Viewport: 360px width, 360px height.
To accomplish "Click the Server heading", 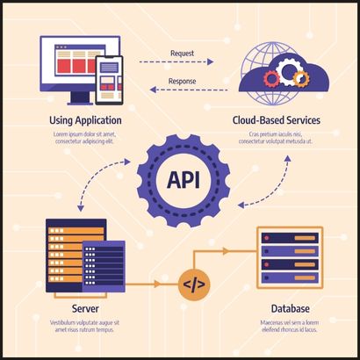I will tap(84, 309).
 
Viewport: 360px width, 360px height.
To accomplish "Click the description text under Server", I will tap(84, 326).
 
